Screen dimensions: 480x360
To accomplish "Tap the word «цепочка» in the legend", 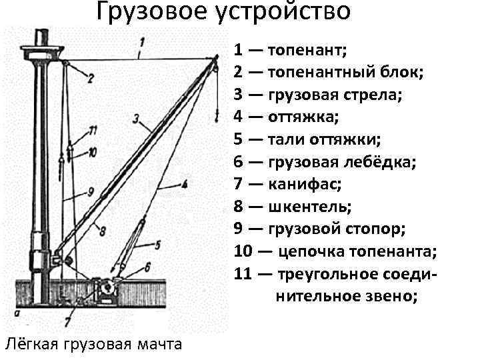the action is [x=313, y=253].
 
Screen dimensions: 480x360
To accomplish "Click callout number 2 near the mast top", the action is [x=90, y=78].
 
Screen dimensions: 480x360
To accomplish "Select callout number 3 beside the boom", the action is [x=136, y=119].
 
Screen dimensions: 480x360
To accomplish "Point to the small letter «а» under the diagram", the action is [x=15, y=311].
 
